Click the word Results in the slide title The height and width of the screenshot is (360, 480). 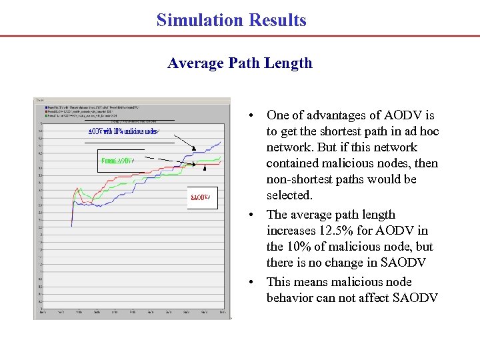277,20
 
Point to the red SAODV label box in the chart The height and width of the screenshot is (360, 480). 201,198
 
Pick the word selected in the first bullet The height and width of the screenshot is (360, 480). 289,195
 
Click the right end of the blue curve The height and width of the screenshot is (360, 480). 222,141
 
